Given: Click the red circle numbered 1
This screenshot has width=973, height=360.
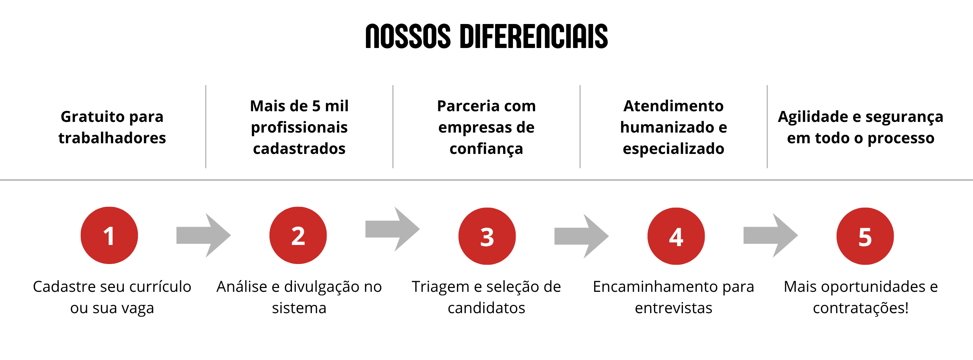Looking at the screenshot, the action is coord(109,235).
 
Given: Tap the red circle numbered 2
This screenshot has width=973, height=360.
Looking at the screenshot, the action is coord(298,235).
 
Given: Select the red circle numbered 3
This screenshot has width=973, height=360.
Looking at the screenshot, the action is coord(487,236).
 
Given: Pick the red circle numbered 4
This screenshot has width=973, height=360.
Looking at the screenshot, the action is coord(676,236).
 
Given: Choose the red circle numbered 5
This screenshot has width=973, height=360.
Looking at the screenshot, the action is coord(865,236).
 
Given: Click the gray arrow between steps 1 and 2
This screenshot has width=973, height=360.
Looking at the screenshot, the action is coord(204,235).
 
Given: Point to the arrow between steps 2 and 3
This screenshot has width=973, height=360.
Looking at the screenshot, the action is coord(393,229).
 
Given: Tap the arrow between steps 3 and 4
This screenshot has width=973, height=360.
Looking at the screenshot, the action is coord(582,236).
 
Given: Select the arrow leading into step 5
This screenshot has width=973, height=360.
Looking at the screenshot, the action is coord(771,235).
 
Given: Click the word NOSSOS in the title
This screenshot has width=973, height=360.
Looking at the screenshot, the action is coord(408,37).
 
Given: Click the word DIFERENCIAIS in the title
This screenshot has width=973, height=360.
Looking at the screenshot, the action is coord(534,37).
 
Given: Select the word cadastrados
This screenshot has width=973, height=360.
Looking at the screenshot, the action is coord(299,149).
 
